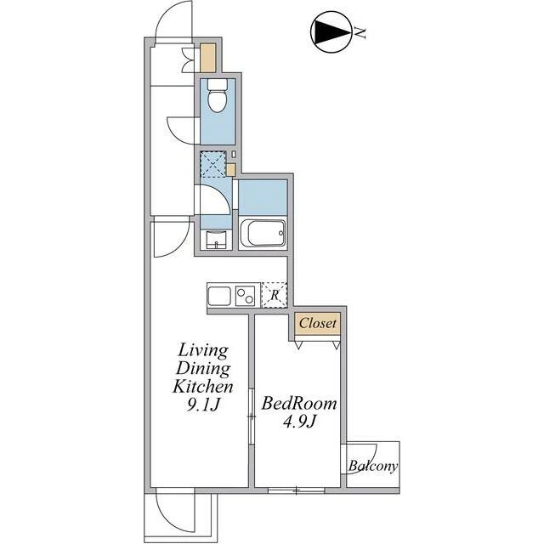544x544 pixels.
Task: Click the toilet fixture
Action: click(218, 95)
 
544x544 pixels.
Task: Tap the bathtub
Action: click(263, 232)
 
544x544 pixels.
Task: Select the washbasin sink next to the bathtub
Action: click(216, 239)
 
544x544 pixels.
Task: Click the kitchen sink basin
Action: click(219, 296)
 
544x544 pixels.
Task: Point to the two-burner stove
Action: click(246, 296)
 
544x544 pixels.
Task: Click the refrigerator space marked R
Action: click(274, 295)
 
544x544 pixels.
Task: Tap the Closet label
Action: click(317, 323)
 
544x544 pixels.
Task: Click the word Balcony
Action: click(373, 466)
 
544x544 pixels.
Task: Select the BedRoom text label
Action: click(299, 404)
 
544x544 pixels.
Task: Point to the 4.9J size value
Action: click(298, 422)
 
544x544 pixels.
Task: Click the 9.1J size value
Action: click(203, 405)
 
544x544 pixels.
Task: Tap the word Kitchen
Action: click(203, 386)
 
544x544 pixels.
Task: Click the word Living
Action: click(203, 351)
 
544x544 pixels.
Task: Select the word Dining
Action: click(203, 368)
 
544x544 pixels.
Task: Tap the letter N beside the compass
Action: click(360, 32)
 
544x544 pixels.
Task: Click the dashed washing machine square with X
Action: click(213, 164)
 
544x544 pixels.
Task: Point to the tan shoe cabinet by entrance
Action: click(208, 58)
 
